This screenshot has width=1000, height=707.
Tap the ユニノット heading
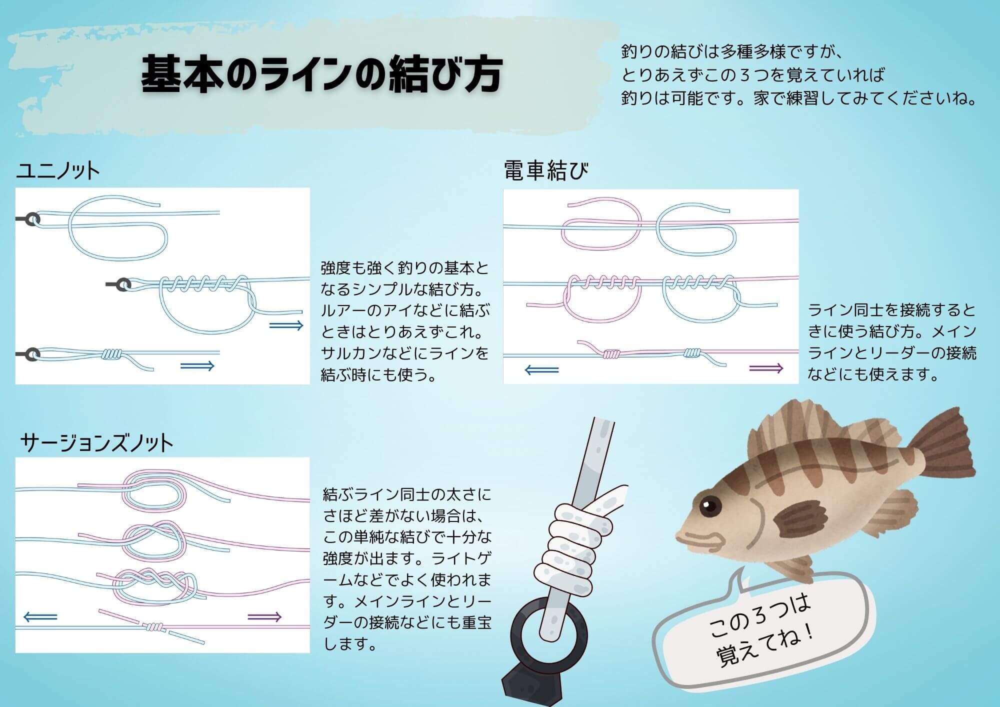(58, 171)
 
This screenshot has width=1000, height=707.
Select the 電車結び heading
(545, 170)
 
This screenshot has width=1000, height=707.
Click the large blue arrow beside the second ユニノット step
(286, 326)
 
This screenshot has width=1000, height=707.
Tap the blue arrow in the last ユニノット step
(197, 366)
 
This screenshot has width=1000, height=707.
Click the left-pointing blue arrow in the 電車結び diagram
(542, 370)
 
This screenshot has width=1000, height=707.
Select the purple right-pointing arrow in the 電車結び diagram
(765, 368)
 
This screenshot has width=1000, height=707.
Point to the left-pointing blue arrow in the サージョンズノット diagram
(40, 617)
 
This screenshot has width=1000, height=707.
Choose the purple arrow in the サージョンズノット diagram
(264, 617)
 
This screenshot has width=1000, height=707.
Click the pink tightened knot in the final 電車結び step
(611, 353)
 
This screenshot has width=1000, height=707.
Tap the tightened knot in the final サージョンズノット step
(155, 627)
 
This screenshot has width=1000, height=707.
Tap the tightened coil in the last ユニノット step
(111, 354)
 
